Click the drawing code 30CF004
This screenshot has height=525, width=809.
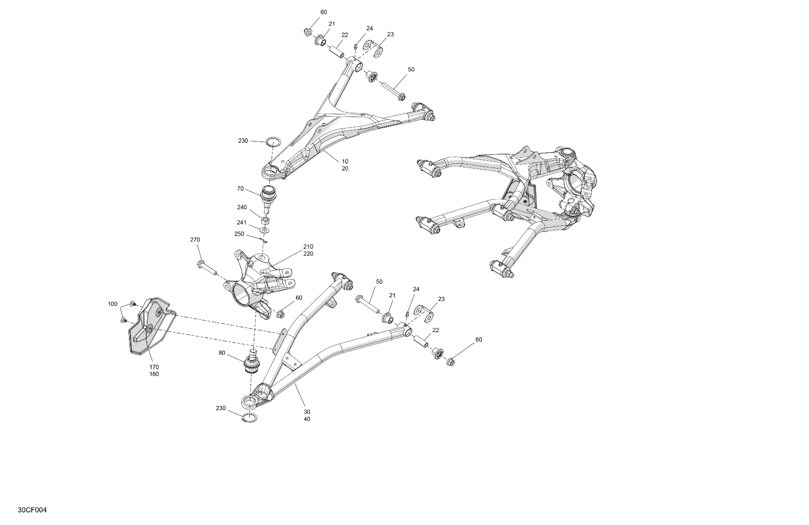pos(32,510)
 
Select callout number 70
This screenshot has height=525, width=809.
pos(240,188)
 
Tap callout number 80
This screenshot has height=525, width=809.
pos(222,353)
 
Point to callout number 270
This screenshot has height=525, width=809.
pos(195,240)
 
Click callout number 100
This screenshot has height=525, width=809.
pos(113,304)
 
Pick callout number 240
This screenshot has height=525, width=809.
pos(242,207)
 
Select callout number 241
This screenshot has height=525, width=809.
pos(241,223)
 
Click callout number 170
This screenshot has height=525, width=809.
pos(154,367)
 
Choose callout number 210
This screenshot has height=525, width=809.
pos(308,247)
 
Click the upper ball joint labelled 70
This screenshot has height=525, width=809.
pos(268,197)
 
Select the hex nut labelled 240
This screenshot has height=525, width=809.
pos(266,220)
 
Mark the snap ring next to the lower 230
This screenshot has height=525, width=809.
pos(250,418)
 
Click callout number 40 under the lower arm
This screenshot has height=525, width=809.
pos(307,419)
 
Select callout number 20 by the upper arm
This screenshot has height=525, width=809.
pos(345,168)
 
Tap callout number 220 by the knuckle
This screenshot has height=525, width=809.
pos(308,254)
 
